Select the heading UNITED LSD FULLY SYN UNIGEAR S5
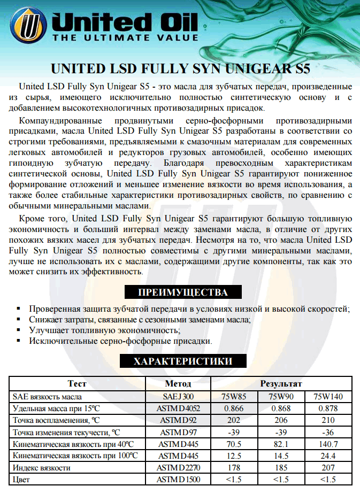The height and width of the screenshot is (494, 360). [x=180, y=69]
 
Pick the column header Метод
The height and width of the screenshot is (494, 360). [x=178, y=383]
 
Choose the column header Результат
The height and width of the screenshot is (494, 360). [x=281, y=383]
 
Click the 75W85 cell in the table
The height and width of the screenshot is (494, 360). [x=234, y=397]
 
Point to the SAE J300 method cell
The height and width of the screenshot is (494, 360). [x=178, y=397]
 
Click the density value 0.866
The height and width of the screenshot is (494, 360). [x=234, y=408]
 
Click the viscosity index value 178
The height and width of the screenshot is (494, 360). [x=234, y=468]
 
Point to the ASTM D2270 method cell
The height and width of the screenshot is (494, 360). [x=178, y=468]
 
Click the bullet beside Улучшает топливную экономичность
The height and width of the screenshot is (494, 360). [x=18, y=330]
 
